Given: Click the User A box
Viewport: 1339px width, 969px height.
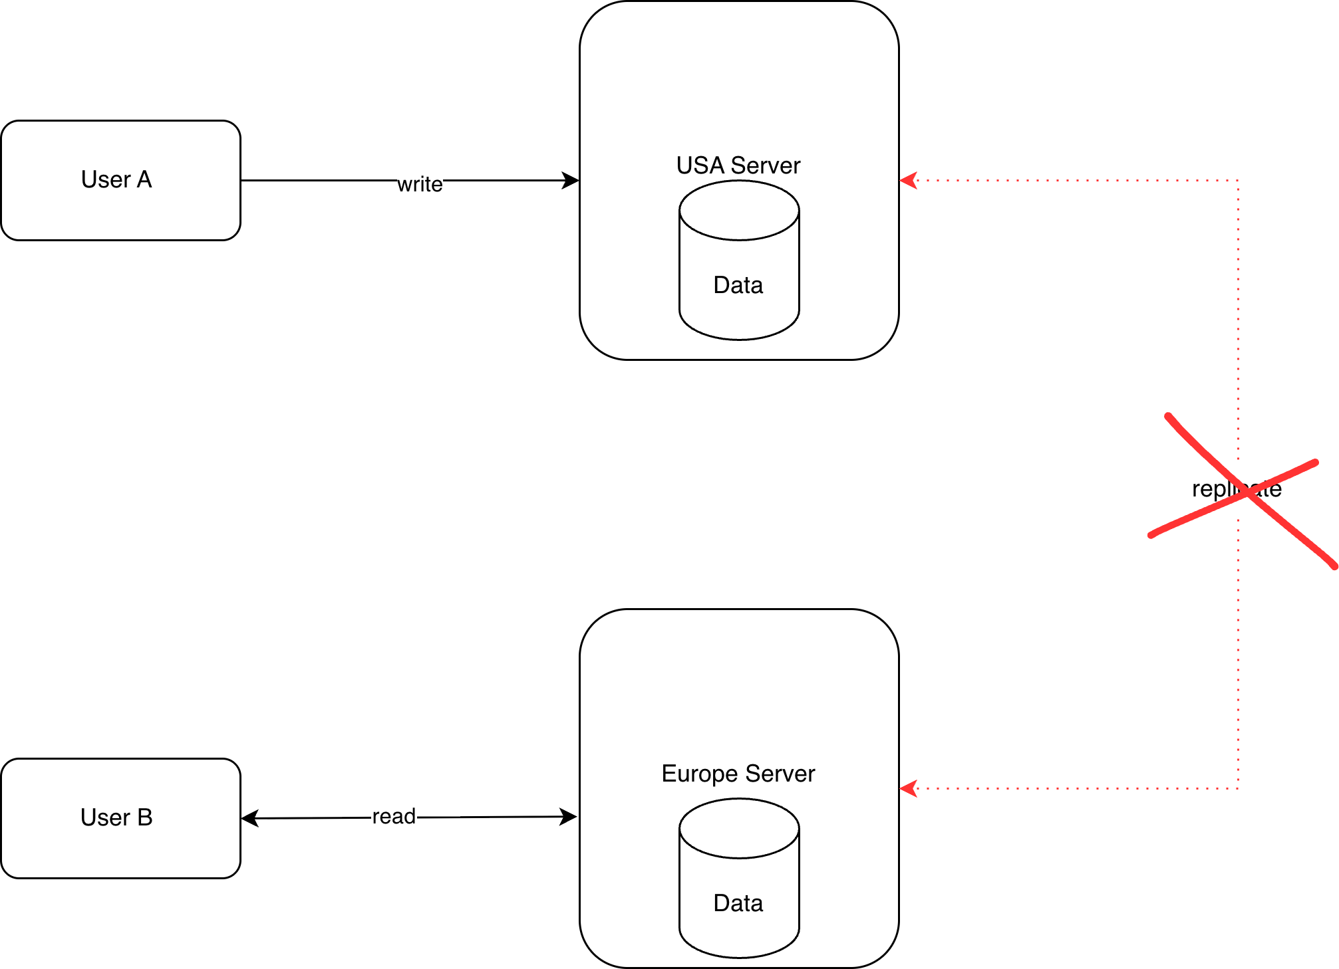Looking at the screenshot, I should [120, 180].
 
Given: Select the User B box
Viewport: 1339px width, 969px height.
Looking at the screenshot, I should [120, 818].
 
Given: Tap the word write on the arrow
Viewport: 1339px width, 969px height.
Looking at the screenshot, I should [420, 184].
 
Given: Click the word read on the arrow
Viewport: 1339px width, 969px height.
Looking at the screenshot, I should [394, 816].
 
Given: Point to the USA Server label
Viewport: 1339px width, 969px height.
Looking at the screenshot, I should [738, 165].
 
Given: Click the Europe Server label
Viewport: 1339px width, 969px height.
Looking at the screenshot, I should [738, 774].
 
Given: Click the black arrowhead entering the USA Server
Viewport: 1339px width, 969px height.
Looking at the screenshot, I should [571, 180].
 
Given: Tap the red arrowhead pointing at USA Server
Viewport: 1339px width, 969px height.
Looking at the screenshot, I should [909, 180].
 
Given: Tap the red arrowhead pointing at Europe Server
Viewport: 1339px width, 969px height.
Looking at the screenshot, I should [909, 789].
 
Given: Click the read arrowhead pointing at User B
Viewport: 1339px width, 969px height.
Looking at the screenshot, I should [249, 818].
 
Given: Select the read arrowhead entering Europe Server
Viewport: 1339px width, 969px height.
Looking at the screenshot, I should [568, 817].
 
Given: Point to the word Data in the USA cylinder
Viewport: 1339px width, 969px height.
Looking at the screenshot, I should [738, 285].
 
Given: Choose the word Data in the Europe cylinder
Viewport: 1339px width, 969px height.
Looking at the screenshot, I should [738, 903].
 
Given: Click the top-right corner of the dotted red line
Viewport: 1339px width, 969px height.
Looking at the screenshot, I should [1238, 180].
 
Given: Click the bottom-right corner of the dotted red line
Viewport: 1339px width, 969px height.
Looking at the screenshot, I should [1238, 789].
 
